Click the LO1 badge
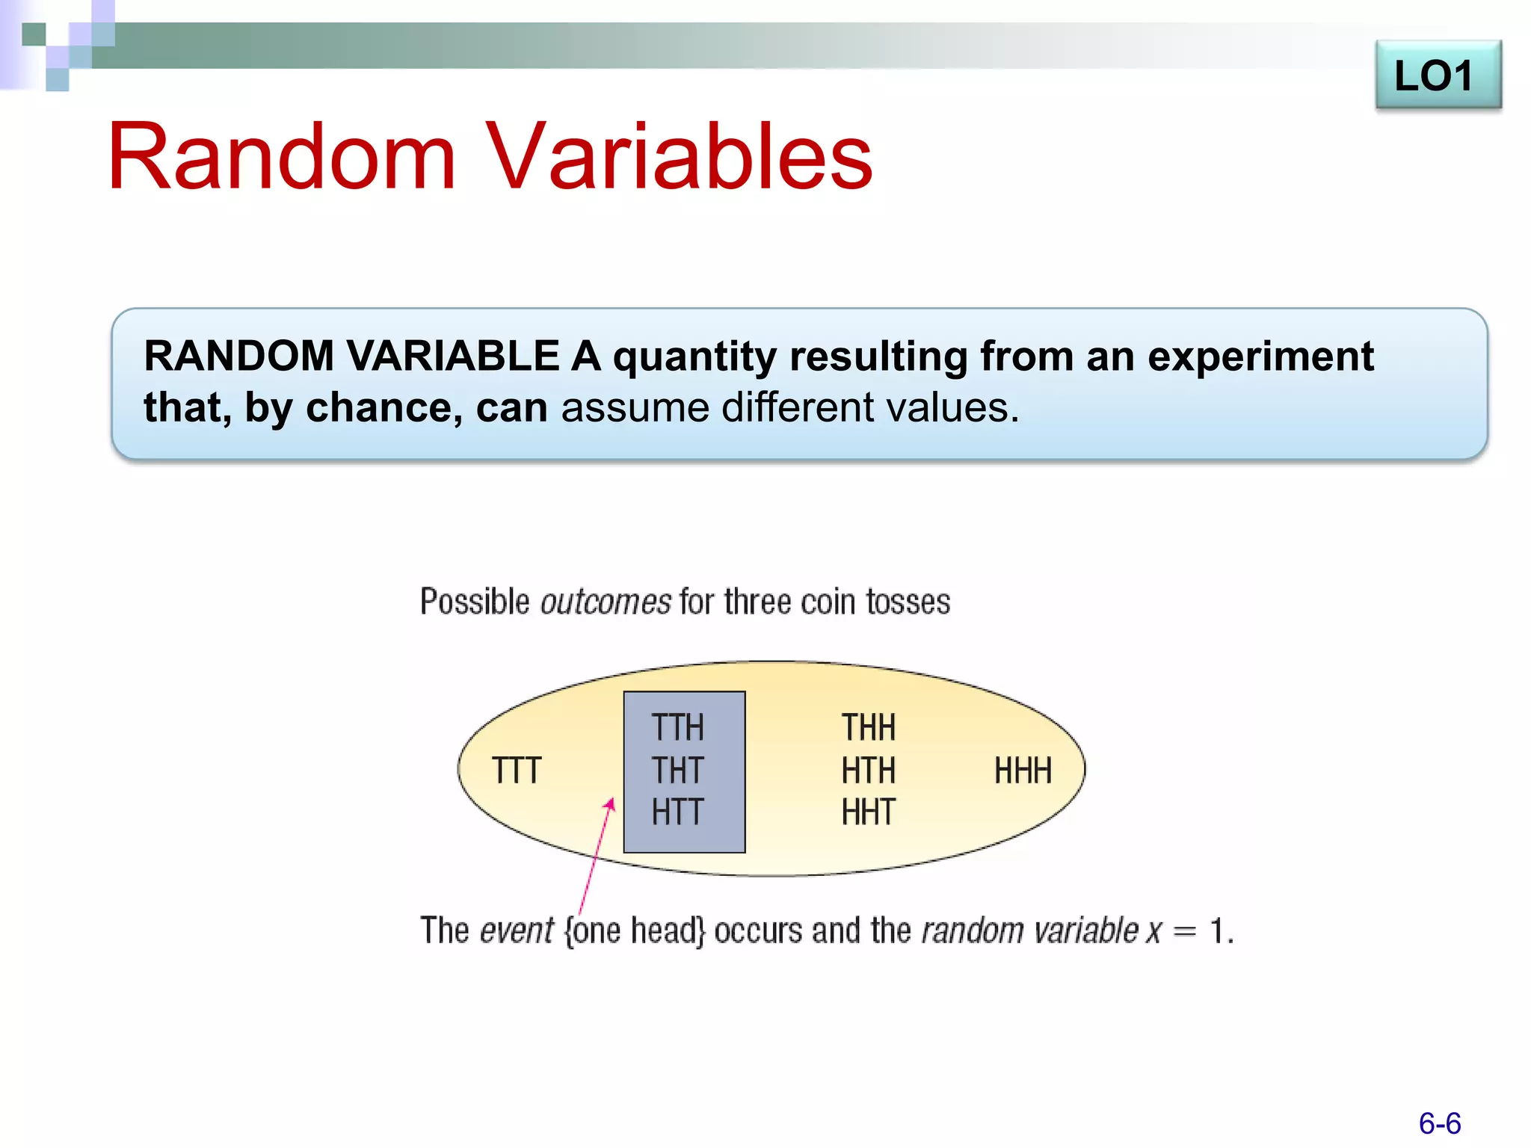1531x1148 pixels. click(1437, 75)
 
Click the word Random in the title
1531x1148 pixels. click(282, 157)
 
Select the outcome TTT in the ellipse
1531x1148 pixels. click(516, 771)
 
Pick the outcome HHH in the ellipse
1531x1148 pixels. click(1022, 771)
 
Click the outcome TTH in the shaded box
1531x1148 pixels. click(677, 727)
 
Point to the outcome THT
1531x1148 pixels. click(677, 771)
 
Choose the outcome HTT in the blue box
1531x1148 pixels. click(677, 812)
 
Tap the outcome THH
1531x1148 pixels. click(868, 727)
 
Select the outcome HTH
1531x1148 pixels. click(868, 771)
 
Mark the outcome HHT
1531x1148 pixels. click(868, 812)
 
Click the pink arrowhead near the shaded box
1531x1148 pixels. click(610, 805)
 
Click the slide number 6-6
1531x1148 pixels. click(1439, 1123)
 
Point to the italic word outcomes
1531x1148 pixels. click(605, 602)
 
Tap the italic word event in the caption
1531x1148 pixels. click(517, 931)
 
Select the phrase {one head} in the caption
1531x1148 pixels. click(635, 931)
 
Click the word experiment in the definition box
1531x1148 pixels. click(1260, 357)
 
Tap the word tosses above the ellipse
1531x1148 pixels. click(908, 602)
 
